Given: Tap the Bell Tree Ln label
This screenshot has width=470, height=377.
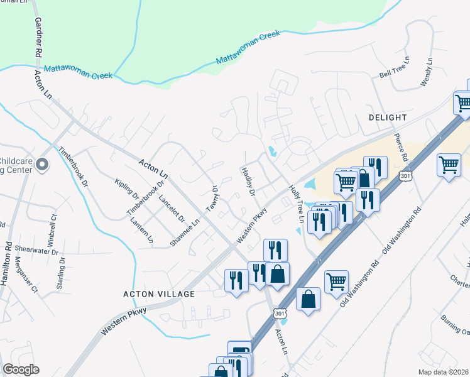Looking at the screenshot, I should (394, 68).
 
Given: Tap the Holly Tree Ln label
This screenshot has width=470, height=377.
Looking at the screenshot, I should (296, 204).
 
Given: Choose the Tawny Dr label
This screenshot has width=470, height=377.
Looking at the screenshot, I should (214, 197).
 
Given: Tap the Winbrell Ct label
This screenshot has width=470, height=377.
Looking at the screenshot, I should (52, 231).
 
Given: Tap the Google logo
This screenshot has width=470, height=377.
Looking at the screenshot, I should (21, 369).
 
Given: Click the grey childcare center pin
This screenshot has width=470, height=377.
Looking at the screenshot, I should (42, 165).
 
